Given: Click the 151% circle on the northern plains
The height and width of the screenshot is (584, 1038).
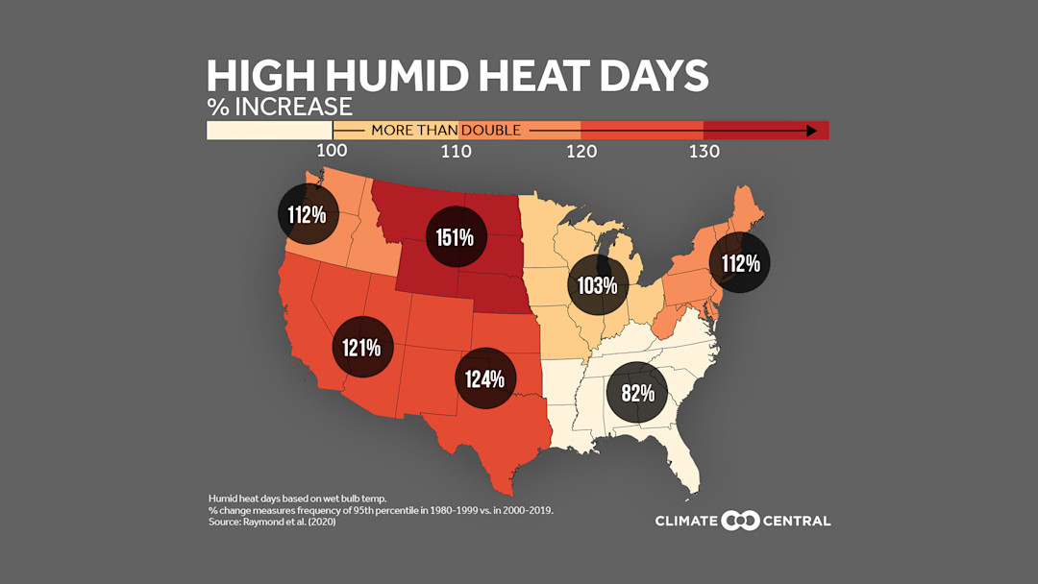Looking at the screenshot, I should tap(454, 236).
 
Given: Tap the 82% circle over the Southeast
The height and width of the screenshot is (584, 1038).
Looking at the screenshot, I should tap(637, 393).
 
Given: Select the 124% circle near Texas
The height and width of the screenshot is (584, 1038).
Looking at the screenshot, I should tap(484, 378).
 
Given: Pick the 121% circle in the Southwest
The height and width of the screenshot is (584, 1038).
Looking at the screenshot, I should tap(363, 347).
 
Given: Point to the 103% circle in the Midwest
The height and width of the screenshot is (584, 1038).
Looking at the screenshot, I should tap(597, 285).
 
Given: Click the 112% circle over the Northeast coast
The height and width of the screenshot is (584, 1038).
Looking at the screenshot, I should tap(740, 262).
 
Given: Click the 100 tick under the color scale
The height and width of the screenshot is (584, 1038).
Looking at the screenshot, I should tap(333, 151).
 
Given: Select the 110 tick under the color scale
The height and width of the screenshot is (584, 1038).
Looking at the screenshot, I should tap(456, 151).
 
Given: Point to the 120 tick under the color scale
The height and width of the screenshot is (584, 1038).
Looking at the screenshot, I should tap(581, 151).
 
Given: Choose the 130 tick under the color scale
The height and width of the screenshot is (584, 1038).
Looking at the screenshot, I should tap(704, 151).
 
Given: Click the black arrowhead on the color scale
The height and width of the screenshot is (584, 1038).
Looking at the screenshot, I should tap(812, 130).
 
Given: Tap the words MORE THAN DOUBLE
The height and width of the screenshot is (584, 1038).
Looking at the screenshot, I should tap(446, 130).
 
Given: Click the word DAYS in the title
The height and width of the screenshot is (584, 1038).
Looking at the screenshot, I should tap(650, 77).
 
